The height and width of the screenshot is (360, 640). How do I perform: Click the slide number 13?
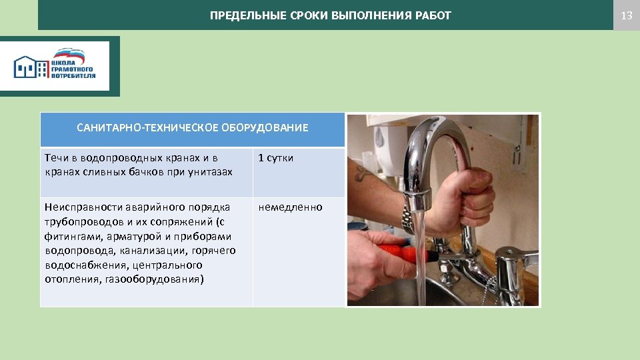coord(626,15)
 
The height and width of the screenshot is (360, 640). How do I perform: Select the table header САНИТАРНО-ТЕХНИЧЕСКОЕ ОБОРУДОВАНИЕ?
coord(192,127)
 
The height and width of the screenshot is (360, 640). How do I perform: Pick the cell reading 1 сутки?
coord(275,158)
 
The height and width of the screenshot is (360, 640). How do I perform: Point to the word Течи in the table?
coord(55,158)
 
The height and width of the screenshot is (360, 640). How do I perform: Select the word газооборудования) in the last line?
coord(155,279)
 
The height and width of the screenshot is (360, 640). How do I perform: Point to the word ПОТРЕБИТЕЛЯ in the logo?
coord(73,76)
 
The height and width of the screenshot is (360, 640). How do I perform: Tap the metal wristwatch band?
coord(408,218)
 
